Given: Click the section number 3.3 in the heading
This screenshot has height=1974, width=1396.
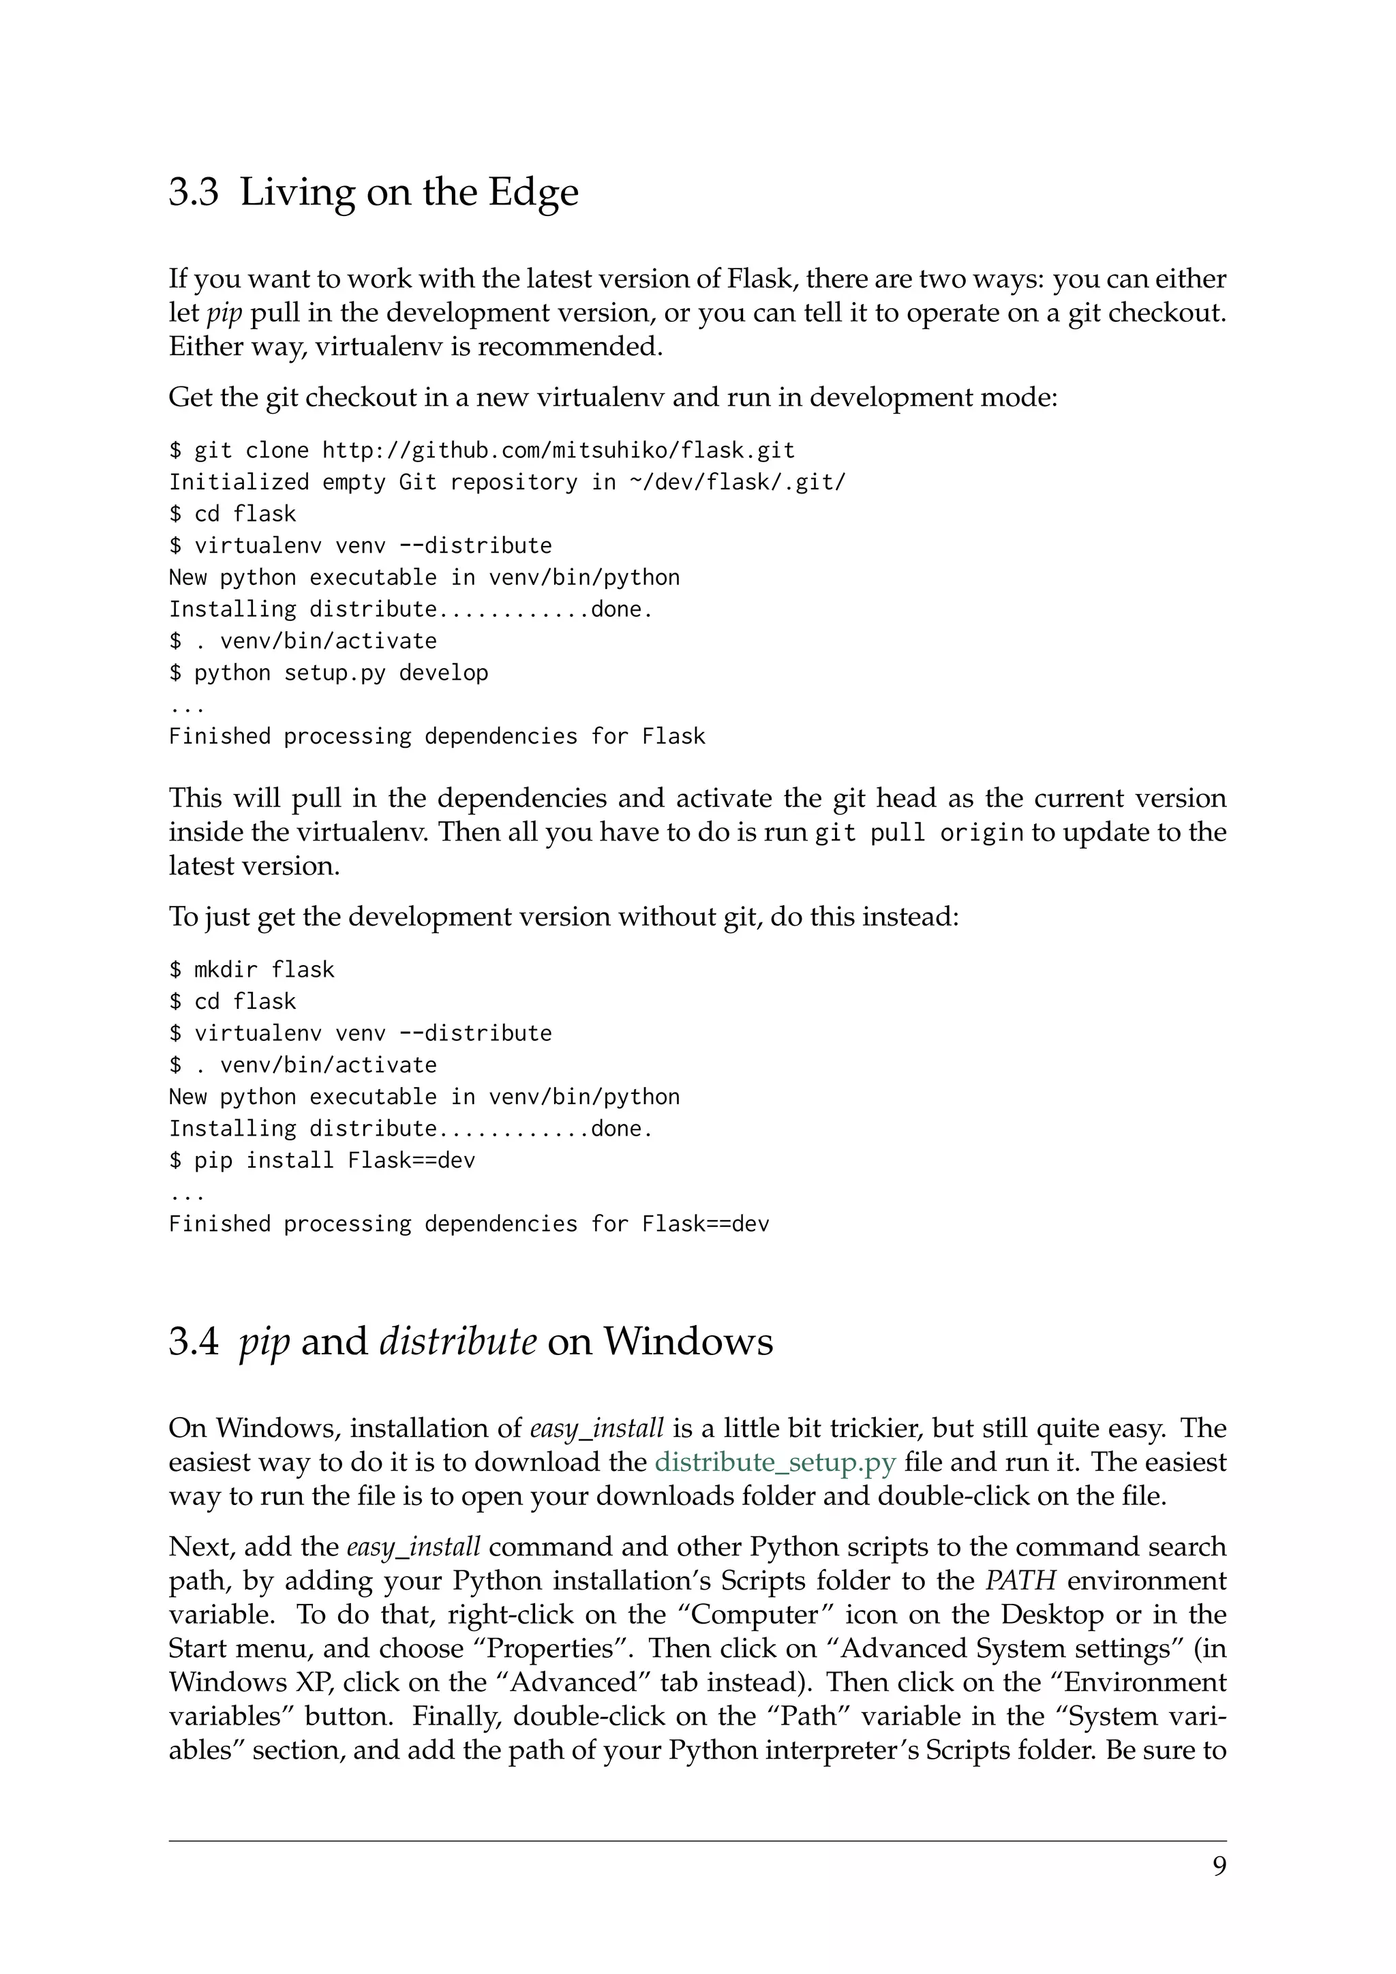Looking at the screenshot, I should pos(194,192).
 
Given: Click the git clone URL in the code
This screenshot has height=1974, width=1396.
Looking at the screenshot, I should pos(559,451).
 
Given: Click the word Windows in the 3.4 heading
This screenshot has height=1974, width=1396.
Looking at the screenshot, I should pos(688,1341).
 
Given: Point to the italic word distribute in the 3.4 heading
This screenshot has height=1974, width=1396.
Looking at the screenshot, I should pos(457,1341).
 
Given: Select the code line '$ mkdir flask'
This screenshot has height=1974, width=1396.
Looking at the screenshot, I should pos(251,970).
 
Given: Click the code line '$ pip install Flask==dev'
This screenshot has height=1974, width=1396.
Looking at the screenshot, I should pos(322,1161).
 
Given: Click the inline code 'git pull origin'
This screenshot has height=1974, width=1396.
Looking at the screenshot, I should pos(919,833).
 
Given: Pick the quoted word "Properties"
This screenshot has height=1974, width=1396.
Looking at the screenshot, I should pos(551,1648).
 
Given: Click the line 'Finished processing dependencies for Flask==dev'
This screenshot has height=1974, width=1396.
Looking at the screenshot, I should pos(468,1224).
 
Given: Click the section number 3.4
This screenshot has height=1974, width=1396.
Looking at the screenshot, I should pos(194,1341).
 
